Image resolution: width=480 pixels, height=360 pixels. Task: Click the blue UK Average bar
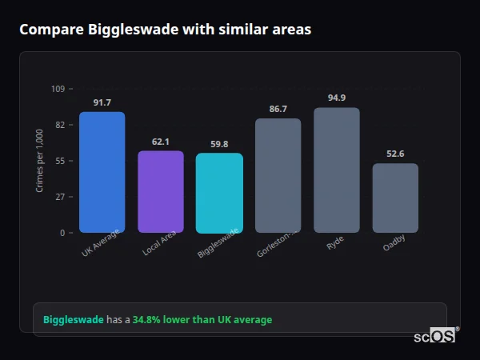pos(102,172)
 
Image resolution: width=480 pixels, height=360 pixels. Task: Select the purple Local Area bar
pos(161,192)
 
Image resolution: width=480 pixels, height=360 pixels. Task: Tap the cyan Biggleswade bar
pos(219,194)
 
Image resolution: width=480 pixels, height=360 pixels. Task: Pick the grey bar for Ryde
pos(337,170)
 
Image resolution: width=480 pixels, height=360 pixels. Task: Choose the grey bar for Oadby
pos(395,198)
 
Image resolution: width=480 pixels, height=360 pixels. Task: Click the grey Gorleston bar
pos(278,176)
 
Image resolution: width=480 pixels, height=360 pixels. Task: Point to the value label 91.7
pos(102,102)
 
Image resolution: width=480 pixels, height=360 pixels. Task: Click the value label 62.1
pos(161,142)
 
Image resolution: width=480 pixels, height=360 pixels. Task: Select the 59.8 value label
pos(219,144)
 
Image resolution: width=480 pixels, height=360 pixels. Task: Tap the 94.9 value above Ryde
pos(337,98)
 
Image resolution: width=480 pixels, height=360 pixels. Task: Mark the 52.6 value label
pos(395,154)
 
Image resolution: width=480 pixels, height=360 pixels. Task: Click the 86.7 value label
pos(278,109)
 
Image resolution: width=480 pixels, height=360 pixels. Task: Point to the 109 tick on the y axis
pos(58,89)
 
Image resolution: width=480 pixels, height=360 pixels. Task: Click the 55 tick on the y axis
pos(59,161)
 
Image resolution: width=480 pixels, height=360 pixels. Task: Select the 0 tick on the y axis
pos(62,233)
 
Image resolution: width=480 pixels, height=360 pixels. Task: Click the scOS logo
pos(434,336)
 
